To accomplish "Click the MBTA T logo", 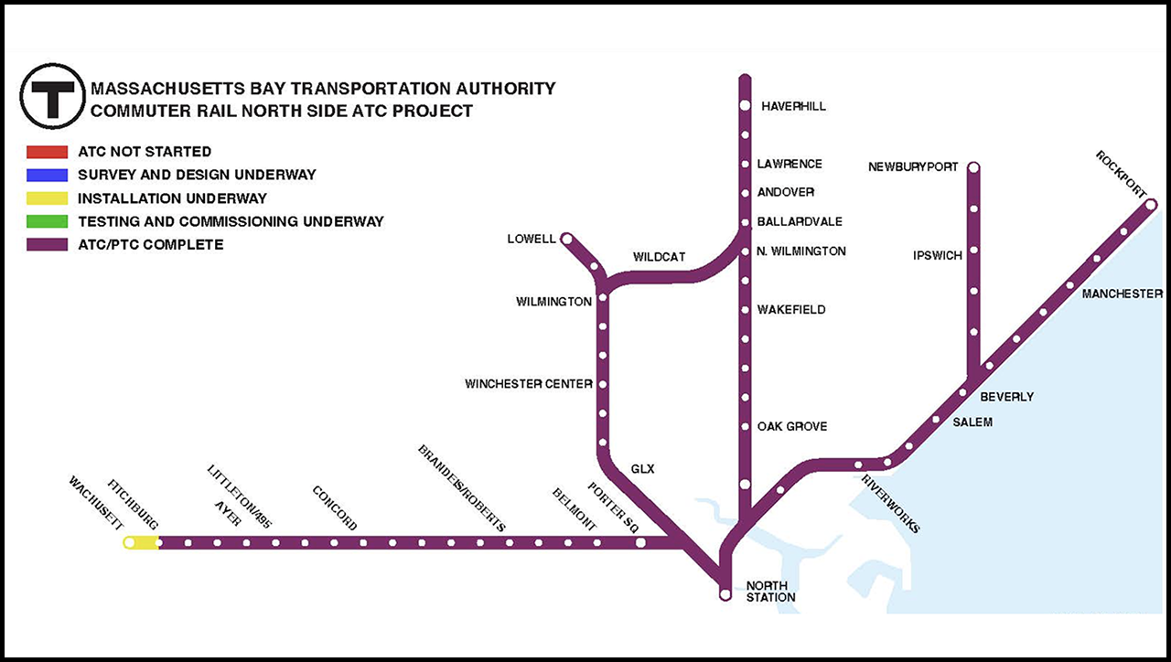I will click(x=53, y=96).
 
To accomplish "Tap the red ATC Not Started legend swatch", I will click(x=47, y=152).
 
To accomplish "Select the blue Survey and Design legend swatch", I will click(x=47, y=175).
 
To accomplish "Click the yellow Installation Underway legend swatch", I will click(x=47, y=198).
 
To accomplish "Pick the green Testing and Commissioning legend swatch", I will click(x=47, y=221).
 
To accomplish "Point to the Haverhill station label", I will click(x=793, y=106).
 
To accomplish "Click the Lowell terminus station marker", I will click(x=567, y=239).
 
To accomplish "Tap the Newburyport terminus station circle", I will click(x=973, y=167).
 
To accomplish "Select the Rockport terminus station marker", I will click(x=1150, y=206).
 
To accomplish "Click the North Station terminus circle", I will click(x=725, y=594).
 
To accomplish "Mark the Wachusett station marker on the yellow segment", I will click(x=129, y=542).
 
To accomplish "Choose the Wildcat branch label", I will click(x=659, y=257).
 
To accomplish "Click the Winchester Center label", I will click(x=528, y=384).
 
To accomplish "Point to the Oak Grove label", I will click(x=791, y=427).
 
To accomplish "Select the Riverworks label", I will click(x=890, y=503).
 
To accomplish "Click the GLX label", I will click(x=643, y=469).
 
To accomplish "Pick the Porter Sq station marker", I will click(x=640, y=542).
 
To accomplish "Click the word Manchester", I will click(x=1122, y=294).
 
